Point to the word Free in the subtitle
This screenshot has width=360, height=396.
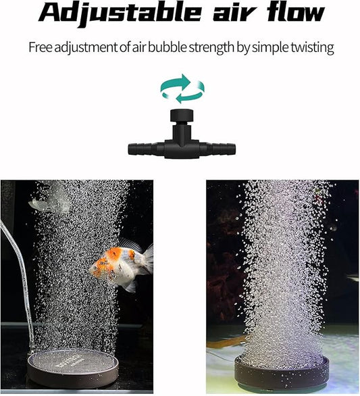click(40, 48)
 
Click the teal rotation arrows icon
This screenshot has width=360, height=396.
click(182, 89)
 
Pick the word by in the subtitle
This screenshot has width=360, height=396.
click(249, 48)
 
